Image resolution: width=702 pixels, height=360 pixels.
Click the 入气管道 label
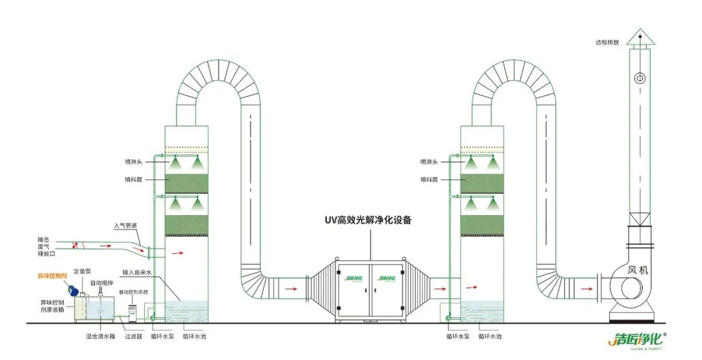pyautogui.click(x=125, y=226)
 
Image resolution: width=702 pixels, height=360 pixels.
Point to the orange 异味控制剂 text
pyautogui.click(x=53, y=276)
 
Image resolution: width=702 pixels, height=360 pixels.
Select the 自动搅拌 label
pyautogui.click(x=101, y=283)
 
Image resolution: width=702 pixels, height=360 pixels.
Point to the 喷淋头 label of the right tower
pyautogui.click(x=428, y=161)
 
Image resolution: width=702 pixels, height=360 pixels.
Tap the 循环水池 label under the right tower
pyautogui.click(x=489, y=337)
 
